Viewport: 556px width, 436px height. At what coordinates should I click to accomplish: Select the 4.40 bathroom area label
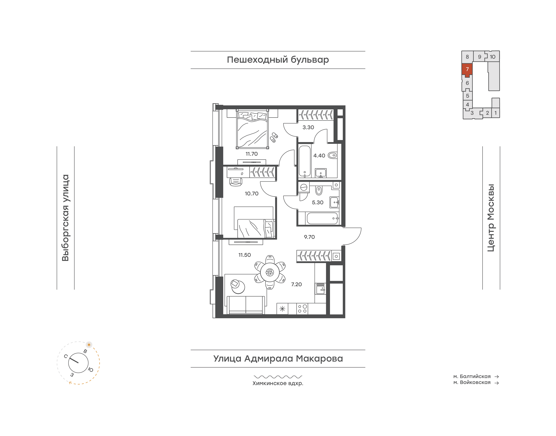click(x=319, y=155)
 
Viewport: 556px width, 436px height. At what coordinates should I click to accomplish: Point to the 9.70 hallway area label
click(x=309, y=237)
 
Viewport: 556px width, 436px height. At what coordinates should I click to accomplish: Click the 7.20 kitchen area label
click(x=296, y=284)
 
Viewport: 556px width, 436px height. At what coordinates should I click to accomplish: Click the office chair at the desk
click(x=236, y=182)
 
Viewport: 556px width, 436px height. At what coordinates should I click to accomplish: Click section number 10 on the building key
click(x=492, y=57)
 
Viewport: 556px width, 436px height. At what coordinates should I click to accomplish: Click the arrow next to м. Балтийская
click(x=497, y=377)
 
